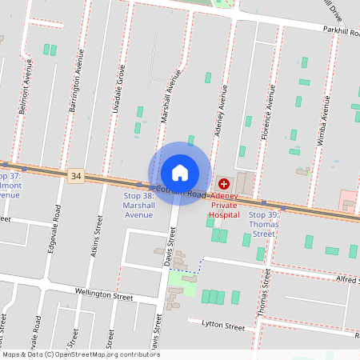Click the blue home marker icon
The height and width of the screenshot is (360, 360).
pyautogui.click(x=180, y=172)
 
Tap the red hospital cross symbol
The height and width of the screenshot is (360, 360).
pyautogui.click(x=223, y=184)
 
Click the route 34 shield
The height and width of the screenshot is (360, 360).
pyautogui.click(x=76, y=175)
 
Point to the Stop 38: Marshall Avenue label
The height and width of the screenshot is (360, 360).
pyautogui.click(x=138, y=205)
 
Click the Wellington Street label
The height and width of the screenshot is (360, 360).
pyautogui.click(x=104, y=294)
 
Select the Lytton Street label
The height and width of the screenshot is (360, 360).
pyautogui.click(x=222, y=326)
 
